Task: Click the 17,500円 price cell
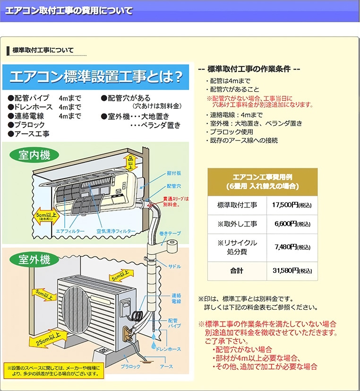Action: tap(291, 205)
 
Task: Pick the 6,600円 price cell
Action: tap(292, 224)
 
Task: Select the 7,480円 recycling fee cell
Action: tap(292, 247)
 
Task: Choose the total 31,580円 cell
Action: tap(292, 271)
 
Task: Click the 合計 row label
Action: tap(237, 271)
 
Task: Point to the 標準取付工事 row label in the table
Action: tap(237, 205)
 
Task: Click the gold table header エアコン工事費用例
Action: tap(262, 182)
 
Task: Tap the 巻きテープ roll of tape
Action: tap(172, 246)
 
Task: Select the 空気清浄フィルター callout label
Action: tap(116, 231)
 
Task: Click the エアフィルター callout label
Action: tap(70, 231)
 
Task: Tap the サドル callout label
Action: tap(174, 267)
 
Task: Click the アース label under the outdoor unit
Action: tap(166, 367)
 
